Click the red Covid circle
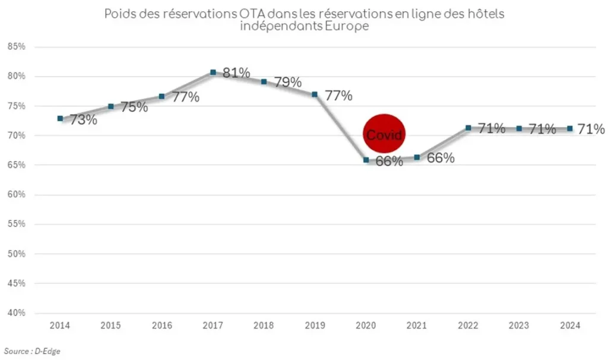click(384, 135)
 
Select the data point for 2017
click(213, 72)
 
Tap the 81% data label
click(237, 73)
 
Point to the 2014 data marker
click(60, 118)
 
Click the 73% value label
click(84, 119)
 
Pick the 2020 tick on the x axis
click(366, 326)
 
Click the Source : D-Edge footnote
click(32, 351)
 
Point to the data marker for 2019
click(315, 94)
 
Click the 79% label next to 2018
click(288, 83)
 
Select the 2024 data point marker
click(569, 128)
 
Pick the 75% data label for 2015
click(135, 108)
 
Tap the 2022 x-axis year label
click(468, 326)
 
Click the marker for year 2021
click(417, 157)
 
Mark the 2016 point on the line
click(162, 96)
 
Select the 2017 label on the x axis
click(213, 326)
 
